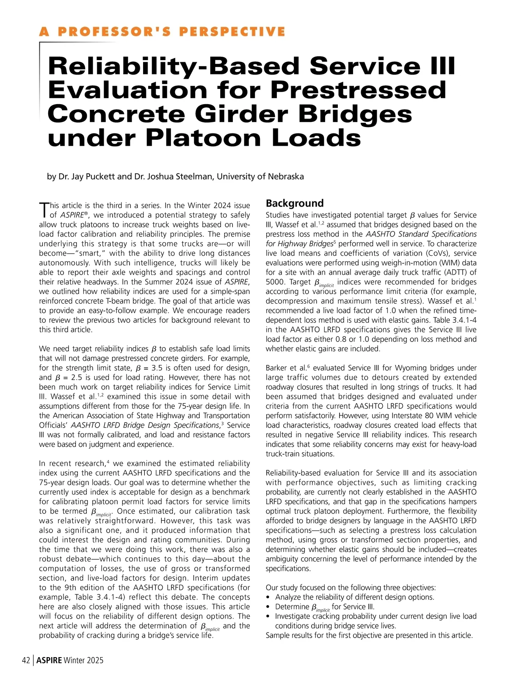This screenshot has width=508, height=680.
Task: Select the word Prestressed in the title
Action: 358,90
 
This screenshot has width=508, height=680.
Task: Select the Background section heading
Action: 295,203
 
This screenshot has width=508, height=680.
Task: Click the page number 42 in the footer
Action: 26,660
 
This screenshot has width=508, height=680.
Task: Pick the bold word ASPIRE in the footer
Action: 49,660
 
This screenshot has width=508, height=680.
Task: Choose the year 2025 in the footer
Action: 95,660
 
